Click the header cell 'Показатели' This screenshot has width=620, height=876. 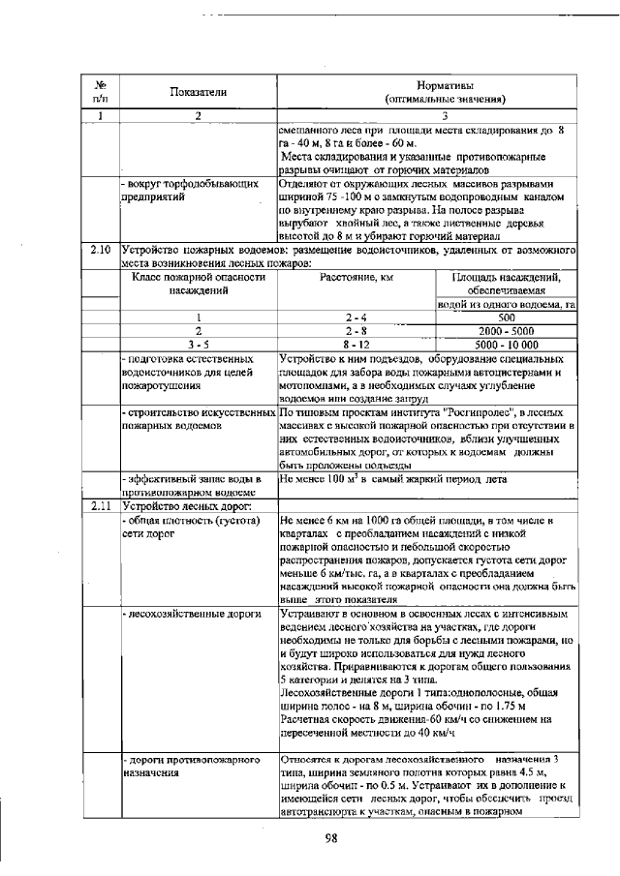tap(197, 92)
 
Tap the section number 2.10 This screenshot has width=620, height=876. tap(100, 250)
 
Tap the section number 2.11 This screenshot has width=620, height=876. tap(100, 505)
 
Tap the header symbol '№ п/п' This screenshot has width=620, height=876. tap(100, 92)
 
